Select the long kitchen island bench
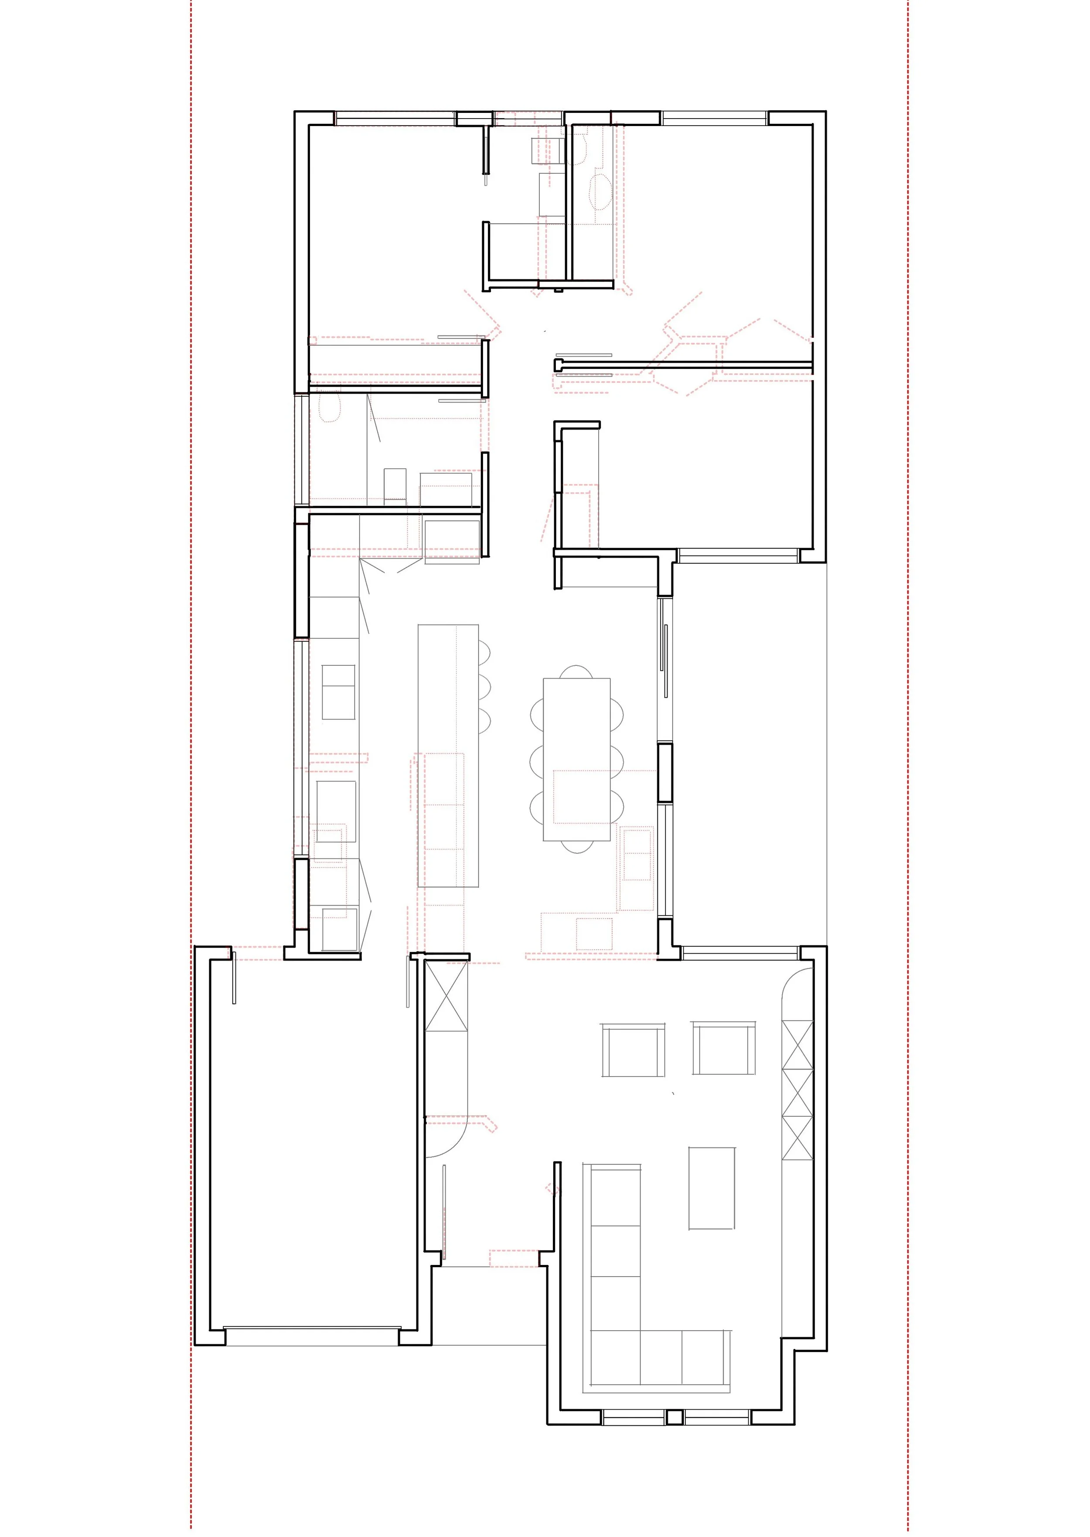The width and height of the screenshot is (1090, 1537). click(448, 755)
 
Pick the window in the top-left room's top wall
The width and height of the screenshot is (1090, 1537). click(395, 118)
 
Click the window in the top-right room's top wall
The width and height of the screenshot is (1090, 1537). click(714, 118)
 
